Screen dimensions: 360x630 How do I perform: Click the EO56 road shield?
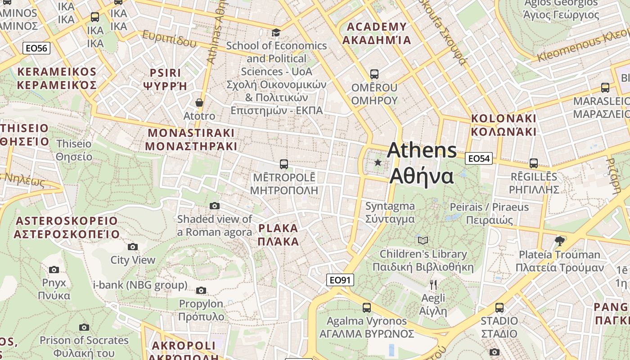(36, 48)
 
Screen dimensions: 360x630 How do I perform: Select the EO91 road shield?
(340, 280)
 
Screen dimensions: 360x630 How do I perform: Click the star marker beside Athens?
(378, 162)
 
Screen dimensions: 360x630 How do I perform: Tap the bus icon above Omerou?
(374, 74)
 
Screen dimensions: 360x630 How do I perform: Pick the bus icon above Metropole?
(283, 164)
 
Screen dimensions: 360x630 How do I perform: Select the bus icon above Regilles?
(533, 163)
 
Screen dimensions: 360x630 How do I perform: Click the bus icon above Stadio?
(499, 308)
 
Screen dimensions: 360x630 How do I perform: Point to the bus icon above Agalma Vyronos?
(367, 308)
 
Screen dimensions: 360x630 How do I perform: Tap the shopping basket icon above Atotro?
(199, 103)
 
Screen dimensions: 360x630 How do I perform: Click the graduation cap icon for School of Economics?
(276, 32)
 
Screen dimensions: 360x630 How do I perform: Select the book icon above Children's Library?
(423, 240)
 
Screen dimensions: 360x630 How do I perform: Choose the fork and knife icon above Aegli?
(433, 284)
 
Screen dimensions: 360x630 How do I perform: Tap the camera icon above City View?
(132, 247)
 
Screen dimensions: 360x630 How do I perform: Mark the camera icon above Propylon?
(201, 290)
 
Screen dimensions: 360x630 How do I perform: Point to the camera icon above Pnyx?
(54, 270)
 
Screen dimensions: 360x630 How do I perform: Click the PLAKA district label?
(279, 234)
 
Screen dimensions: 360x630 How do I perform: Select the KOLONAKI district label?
(504, 125)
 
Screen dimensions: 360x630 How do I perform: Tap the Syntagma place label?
(390, 212)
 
